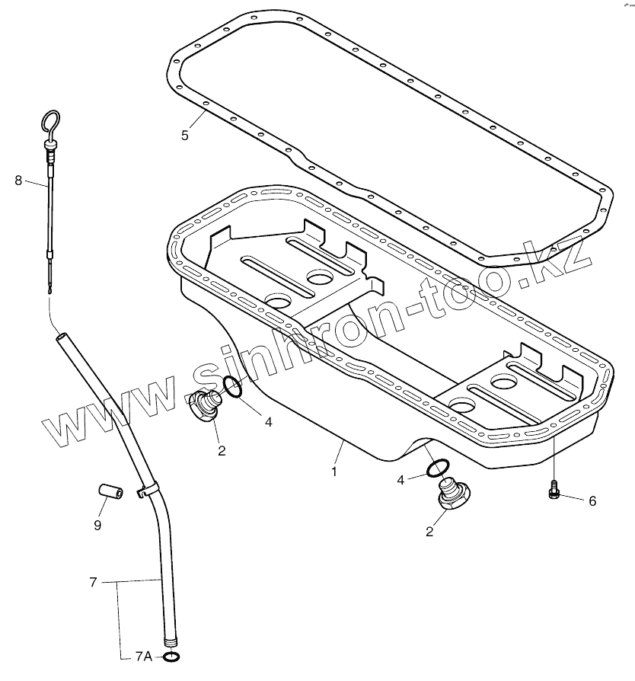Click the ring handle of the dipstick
(50, 122)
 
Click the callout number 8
(19, 181)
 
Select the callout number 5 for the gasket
(184, 136)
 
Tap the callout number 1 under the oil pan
(333, 472)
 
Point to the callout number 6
(592, 500)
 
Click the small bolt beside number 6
(554, 493)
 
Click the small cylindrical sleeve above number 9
(110, 491)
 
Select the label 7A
(143, 656)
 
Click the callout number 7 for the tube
(93, 583)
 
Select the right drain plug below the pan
(455, 496)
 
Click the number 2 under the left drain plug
(222, 450)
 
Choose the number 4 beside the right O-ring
(400, 480)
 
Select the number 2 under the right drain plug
(430, 532)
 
